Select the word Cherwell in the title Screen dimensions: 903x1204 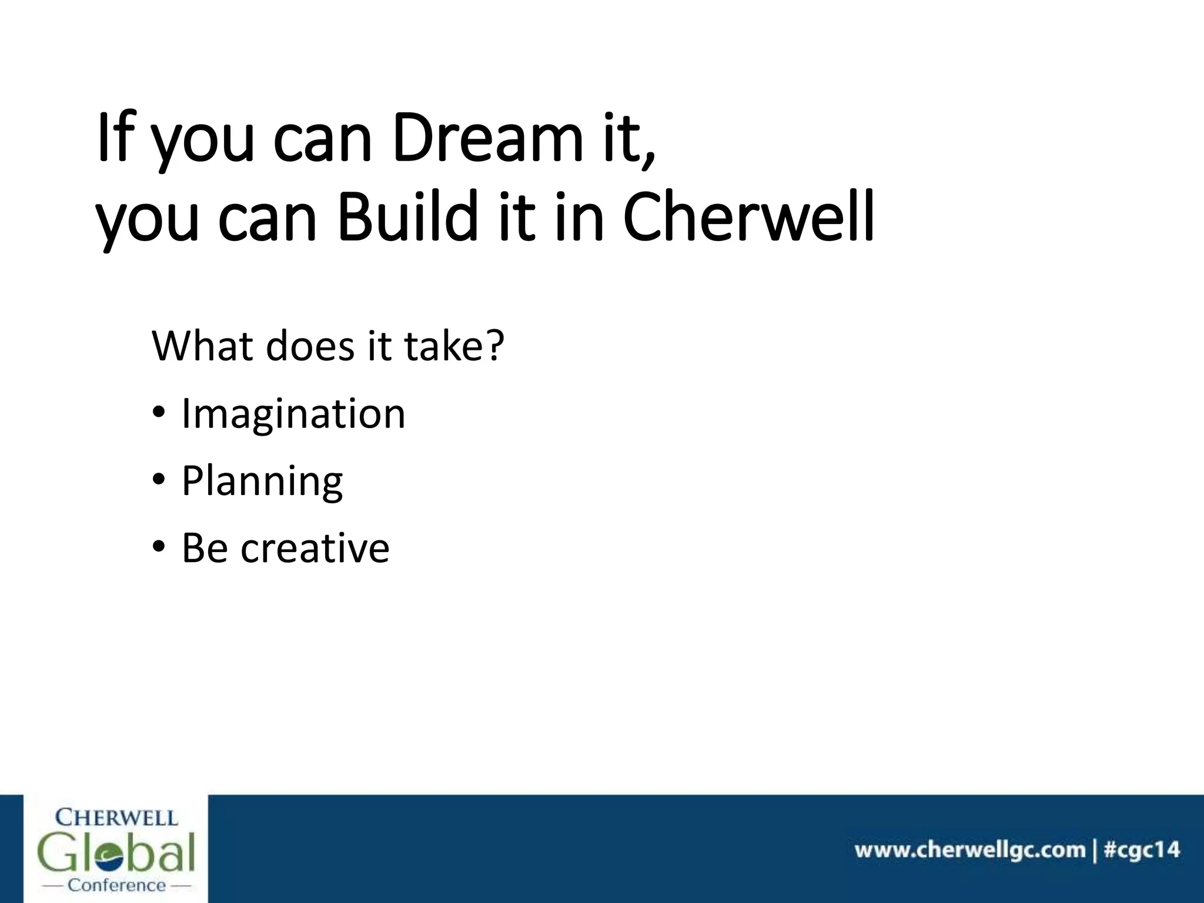coord(748,217)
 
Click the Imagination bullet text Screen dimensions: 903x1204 coord(293,414)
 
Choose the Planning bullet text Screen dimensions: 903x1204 coord(262,481)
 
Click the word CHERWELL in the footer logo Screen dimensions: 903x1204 coord(116,818)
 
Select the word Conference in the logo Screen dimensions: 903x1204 coord(117,885)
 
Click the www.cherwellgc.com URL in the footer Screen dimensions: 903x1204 coord(969,850)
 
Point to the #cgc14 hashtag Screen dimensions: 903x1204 coord(1141,850)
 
